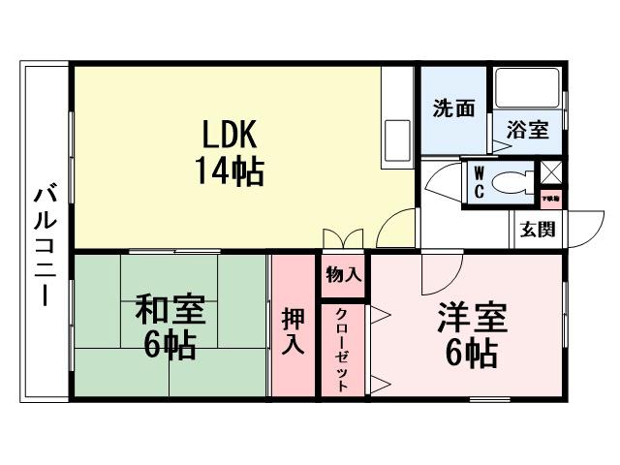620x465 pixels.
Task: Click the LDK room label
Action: pyautogui.click(x=229, y=133)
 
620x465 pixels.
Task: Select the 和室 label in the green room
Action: pyautogui.click(x=170, y=311)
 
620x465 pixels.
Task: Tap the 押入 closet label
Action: pyautogui.click(x=294, y=329)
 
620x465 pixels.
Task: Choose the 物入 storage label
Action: pyautogui.click(x=343, y=275)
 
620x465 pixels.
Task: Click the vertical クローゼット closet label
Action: pyautogui.click(x=343, y=349)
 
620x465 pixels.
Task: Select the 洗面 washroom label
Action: pyautogui.click(x=452, y=108)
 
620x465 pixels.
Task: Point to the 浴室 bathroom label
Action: pyautogui.click(x=528, y=130)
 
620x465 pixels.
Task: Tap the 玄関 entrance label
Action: pyautogui.click(x=537, y=230)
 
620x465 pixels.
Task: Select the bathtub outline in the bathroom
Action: pyautogui.click(x=528, y=89)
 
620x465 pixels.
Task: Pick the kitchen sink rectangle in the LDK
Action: pyautogui.click(x=398, y=134)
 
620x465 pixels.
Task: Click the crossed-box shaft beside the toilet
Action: pyautogui.click(x=551, y=173)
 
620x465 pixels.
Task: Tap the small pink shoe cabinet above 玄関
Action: pyautogui.click(x=550, y=199)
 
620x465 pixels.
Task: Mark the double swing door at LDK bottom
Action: pyautogui.click(x=344, y=239)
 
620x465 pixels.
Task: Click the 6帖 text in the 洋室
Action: pyautogui.click(x=472, y=354)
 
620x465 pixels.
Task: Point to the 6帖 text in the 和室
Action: pyautogui.click(x=170, y=345)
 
